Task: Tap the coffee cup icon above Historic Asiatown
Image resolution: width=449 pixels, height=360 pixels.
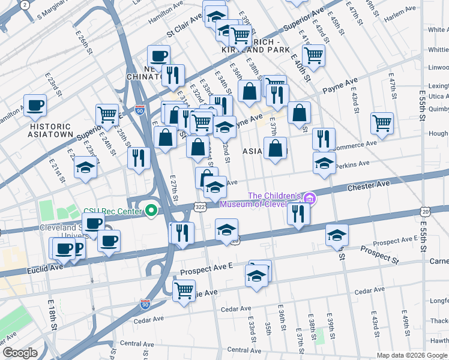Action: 35,106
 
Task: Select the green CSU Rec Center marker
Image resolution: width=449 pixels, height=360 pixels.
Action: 151,211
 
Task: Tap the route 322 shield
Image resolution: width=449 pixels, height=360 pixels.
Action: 200,207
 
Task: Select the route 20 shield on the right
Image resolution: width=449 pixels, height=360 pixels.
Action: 425,212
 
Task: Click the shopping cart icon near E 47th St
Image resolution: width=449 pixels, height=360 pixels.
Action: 382,123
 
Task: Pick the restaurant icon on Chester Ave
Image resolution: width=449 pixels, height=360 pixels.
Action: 298,214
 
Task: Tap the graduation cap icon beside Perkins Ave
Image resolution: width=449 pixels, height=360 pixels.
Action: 324,163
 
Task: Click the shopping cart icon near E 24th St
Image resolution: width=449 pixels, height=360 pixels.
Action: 107,114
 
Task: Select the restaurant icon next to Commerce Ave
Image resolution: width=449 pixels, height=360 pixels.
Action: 324,139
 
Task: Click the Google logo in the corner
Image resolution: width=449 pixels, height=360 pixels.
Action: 20,353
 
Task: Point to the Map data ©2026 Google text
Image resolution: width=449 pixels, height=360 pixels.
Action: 411,355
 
